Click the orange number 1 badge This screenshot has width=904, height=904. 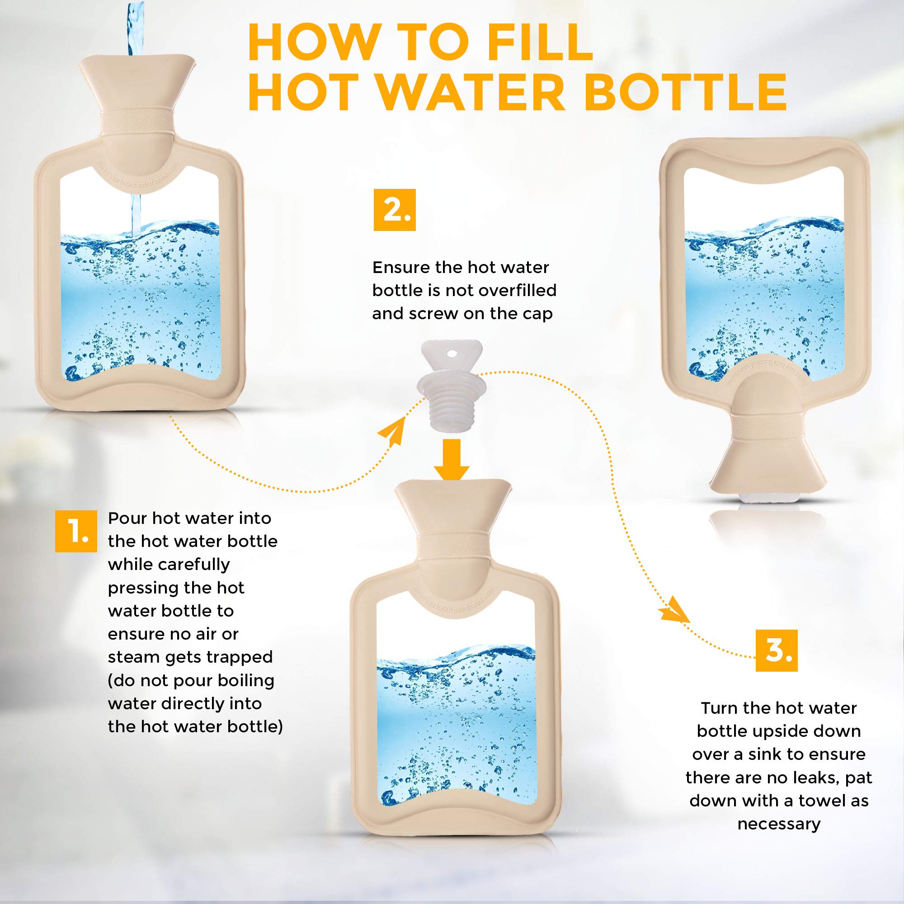[76, 531]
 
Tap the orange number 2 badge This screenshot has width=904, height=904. [395, 210]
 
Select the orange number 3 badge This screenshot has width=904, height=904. [777, 650]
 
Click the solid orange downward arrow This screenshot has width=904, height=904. [452, 460]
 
